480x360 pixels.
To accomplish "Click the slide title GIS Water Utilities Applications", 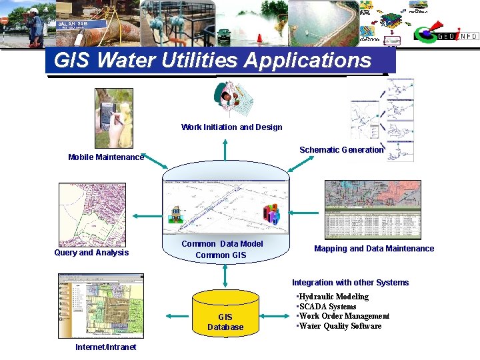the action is (x=212, y=61).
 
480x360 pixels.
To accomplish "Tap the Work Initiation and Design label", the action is (x=231, y=127).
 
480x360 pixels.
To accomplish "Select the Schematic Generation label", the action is (x=341, y=150).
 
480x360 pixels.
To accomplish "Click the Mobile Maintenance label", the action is (x=105, y=157).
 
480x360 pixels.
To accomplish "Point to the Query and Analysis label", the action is (x=91, y=253).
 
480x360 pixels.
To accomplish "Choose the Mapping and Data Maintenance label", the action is (x=374, y=249).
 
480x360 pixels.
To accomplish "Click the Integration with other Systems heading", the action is (x=350, y=283).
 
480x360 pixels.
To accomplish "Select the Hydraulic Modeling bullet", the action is (x=333, y=297).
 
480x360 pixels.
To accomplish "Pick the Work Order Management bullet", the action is (x=343, y=316).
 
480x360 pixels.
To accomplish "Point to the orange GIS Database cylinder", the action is (x=225, y=313).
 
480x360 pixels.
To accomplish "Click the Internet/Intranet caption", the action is (x=105, y=347).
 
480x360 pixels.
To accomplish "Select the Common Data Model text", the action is (x=222, y=244).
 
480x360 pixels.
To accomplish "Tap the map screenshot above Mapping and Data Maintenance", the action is (x=373, y=209).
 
